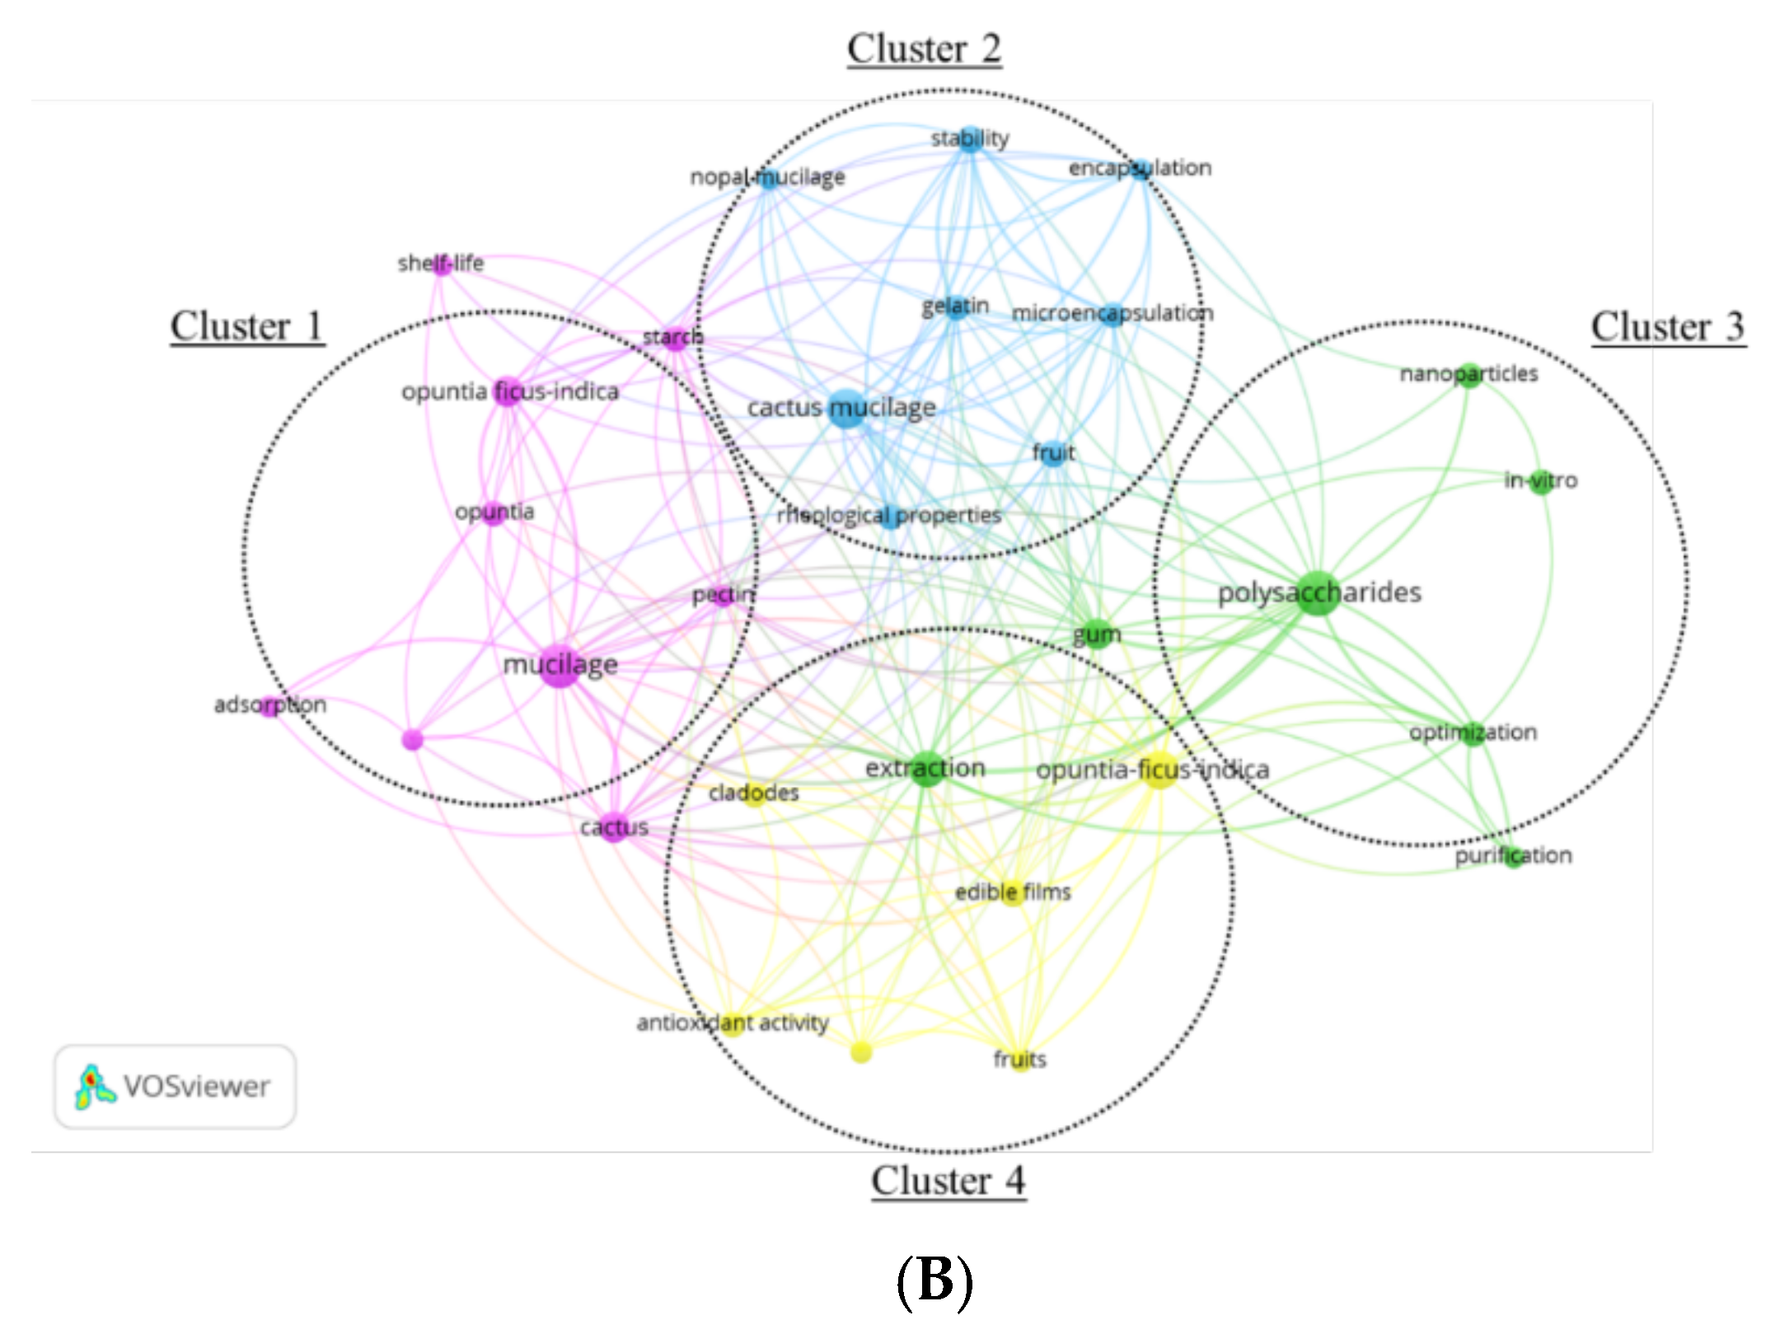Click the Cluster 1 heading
(x=246, y=327)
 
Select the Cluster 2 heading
(x=924, y=49)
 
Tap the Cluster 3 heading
(x=1667, y=327)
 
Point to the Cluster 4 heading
(x=948, y=1181)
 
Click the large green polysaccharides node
(x=1317, y=592)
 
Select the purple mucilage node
(x=560, y=665)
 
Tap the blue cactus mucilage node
(x=846, y=409)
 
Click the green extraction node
(x=926, y=769)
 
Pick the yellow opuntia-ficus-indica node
(x=1159, y=770)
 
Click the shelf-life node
(x=441, y=264)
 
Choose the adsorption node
(x=269, y=705)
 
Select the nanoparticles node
(x=1468, y=375)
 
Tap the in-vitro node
(x=1540, y=481)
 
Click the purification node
(x=1513, y=856)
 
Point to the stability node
(x=970, y=139)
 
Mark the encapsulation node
(x=1141, y=169)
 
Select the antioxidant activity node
(x=732, y=1023)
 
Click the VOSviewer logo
(x=175, y=1087)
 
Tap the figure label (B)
(x=934, y=1282)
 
